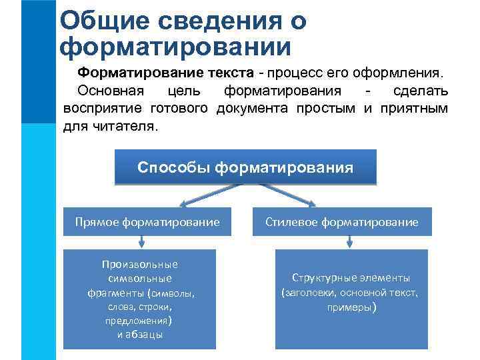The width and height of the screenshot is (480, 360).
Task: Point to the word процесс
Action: [293, 72]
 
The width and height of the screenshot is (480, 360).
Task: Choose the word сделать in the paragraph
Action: [421, 90]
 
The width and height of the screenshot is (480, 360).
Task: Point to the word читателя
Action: [127, 126]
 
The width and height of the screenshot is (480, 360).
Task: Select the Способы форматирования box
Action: [245, 167]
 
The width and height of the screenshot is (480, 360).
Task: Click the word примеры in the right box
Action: [351, 308]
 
